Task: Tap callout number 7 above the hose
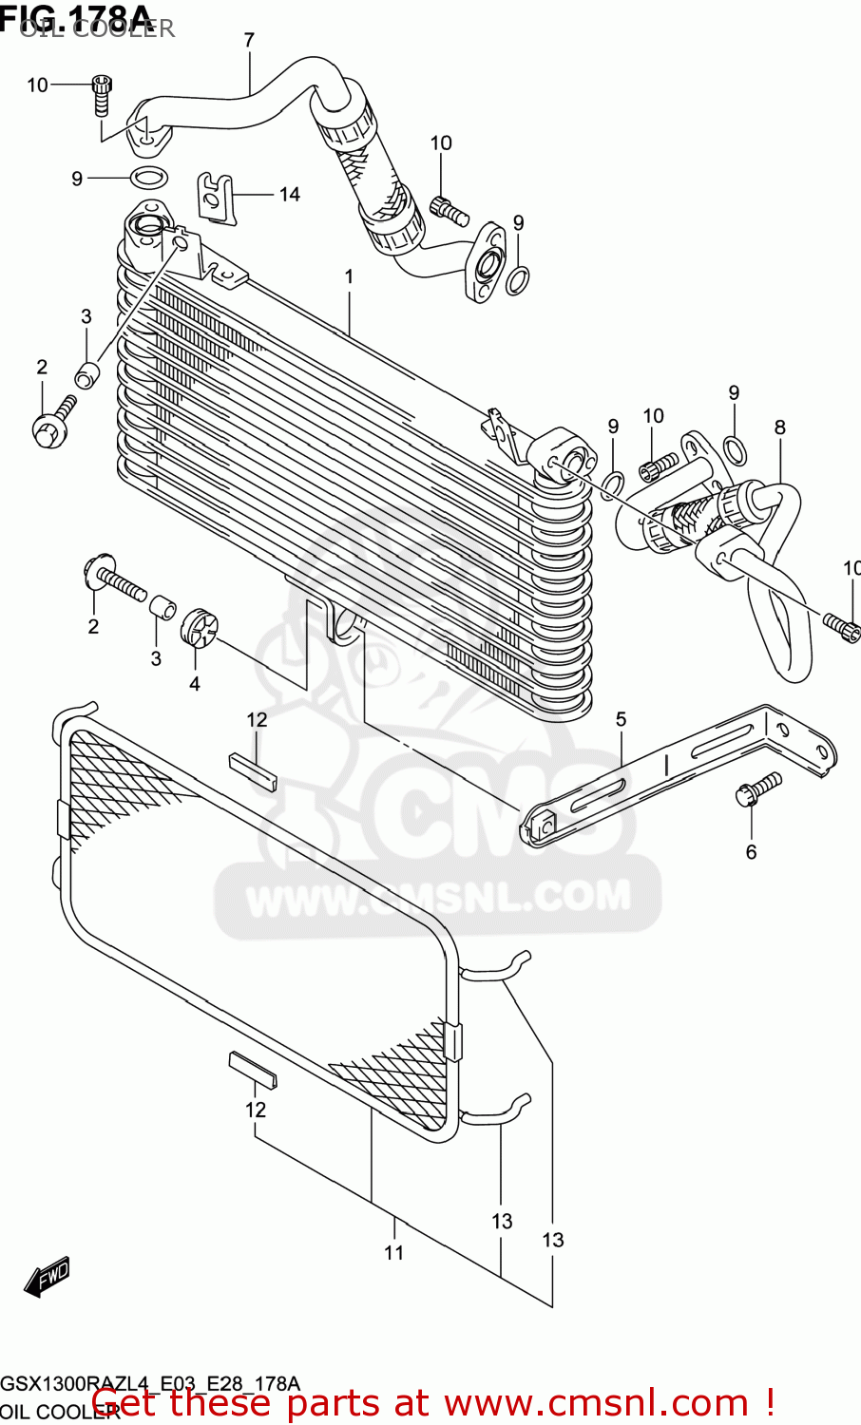249,40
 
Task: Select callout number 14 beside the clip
289,194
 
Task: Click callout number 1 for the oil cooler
349,276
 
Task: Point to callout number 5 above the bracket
621,719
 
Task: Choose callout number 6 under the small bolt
751,852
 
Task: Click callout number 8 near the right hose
780,427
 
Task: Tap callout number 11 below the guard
394,1253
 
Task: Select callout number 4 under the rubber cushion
194,683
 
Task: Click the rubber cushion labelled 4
200,625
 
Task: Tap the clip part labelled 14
217,197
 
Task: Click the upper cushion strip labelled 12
252,770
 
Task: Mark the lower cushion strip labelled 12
252,1070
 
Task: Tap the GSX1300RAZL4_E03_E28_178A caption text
150,1383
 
